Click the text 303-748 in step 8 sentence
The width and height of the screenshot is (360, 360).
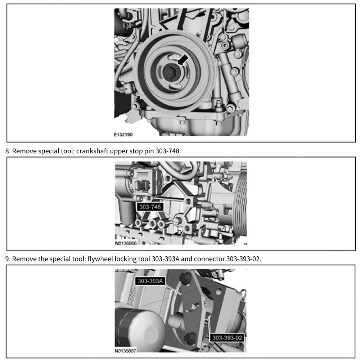click(168, 151)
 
